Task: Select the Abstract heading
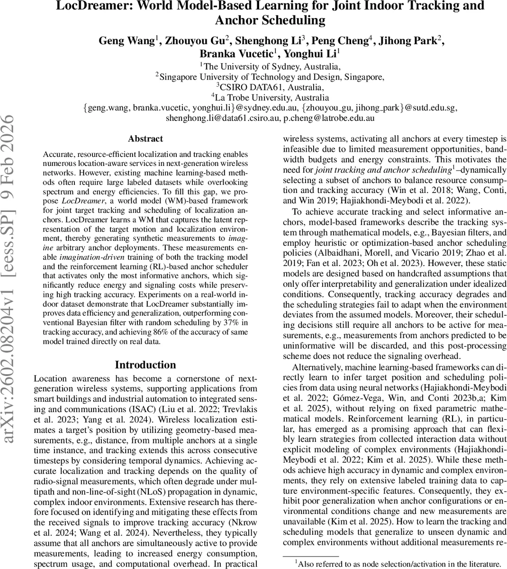coord(145,139)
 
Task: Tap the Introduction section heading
coord(145,365)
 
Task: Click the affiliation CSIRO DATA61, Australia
coord(271,87)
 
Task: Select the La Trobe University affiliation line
coord(271,98)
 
